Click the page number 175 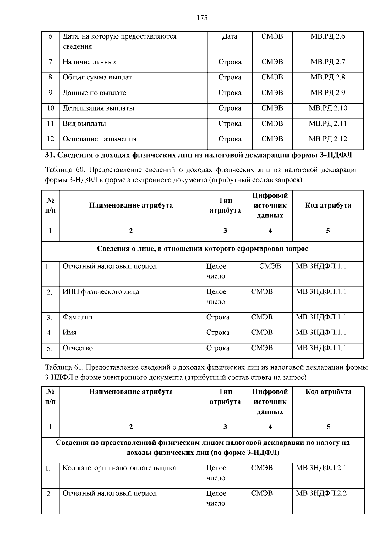pyautogui.click(x=202, y=18)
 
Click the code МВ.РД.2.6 pyautogui.click(x=328, y=36)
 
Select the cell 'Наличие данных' pyautogui.click(x=90, y=62)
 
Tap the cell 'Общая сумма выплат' pyautogui.click(x=97, y=77)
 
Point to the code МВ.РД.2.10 pyautogui.click(x=328, y=108)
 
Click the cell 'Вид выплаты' pyautogui.click(x=84, y=124)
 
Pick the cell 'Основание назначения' pyautogui.click(x=99, y=139)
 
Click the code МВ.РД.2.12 pyautogui.click(x=328, y=139)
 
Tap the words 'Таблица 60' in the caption pyautogui.click(x=65, y=170)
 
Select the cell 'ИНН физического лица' pyautogui.click(x=101, y=292)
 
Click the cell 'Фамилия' pyautogui.click(x=77, y=317)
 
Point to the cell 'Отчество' pyautogui.click(x=78, y=348)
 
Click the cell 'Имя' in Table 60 pyautogui.click(x=69, y=333)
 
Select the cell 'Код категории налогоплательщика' pyautogui.click(x=119, y=468)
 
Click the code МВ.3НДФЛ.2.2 pyautogui.click(x=321, y=493)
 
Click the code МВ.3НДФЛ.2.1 pyautogui.click(x=321, y=468)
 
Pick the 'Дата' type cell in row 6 pyautogui.click(x=229, y=36)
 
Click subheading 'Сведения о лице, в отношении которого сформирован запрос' pyautogui.click(x=202, y=249)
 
